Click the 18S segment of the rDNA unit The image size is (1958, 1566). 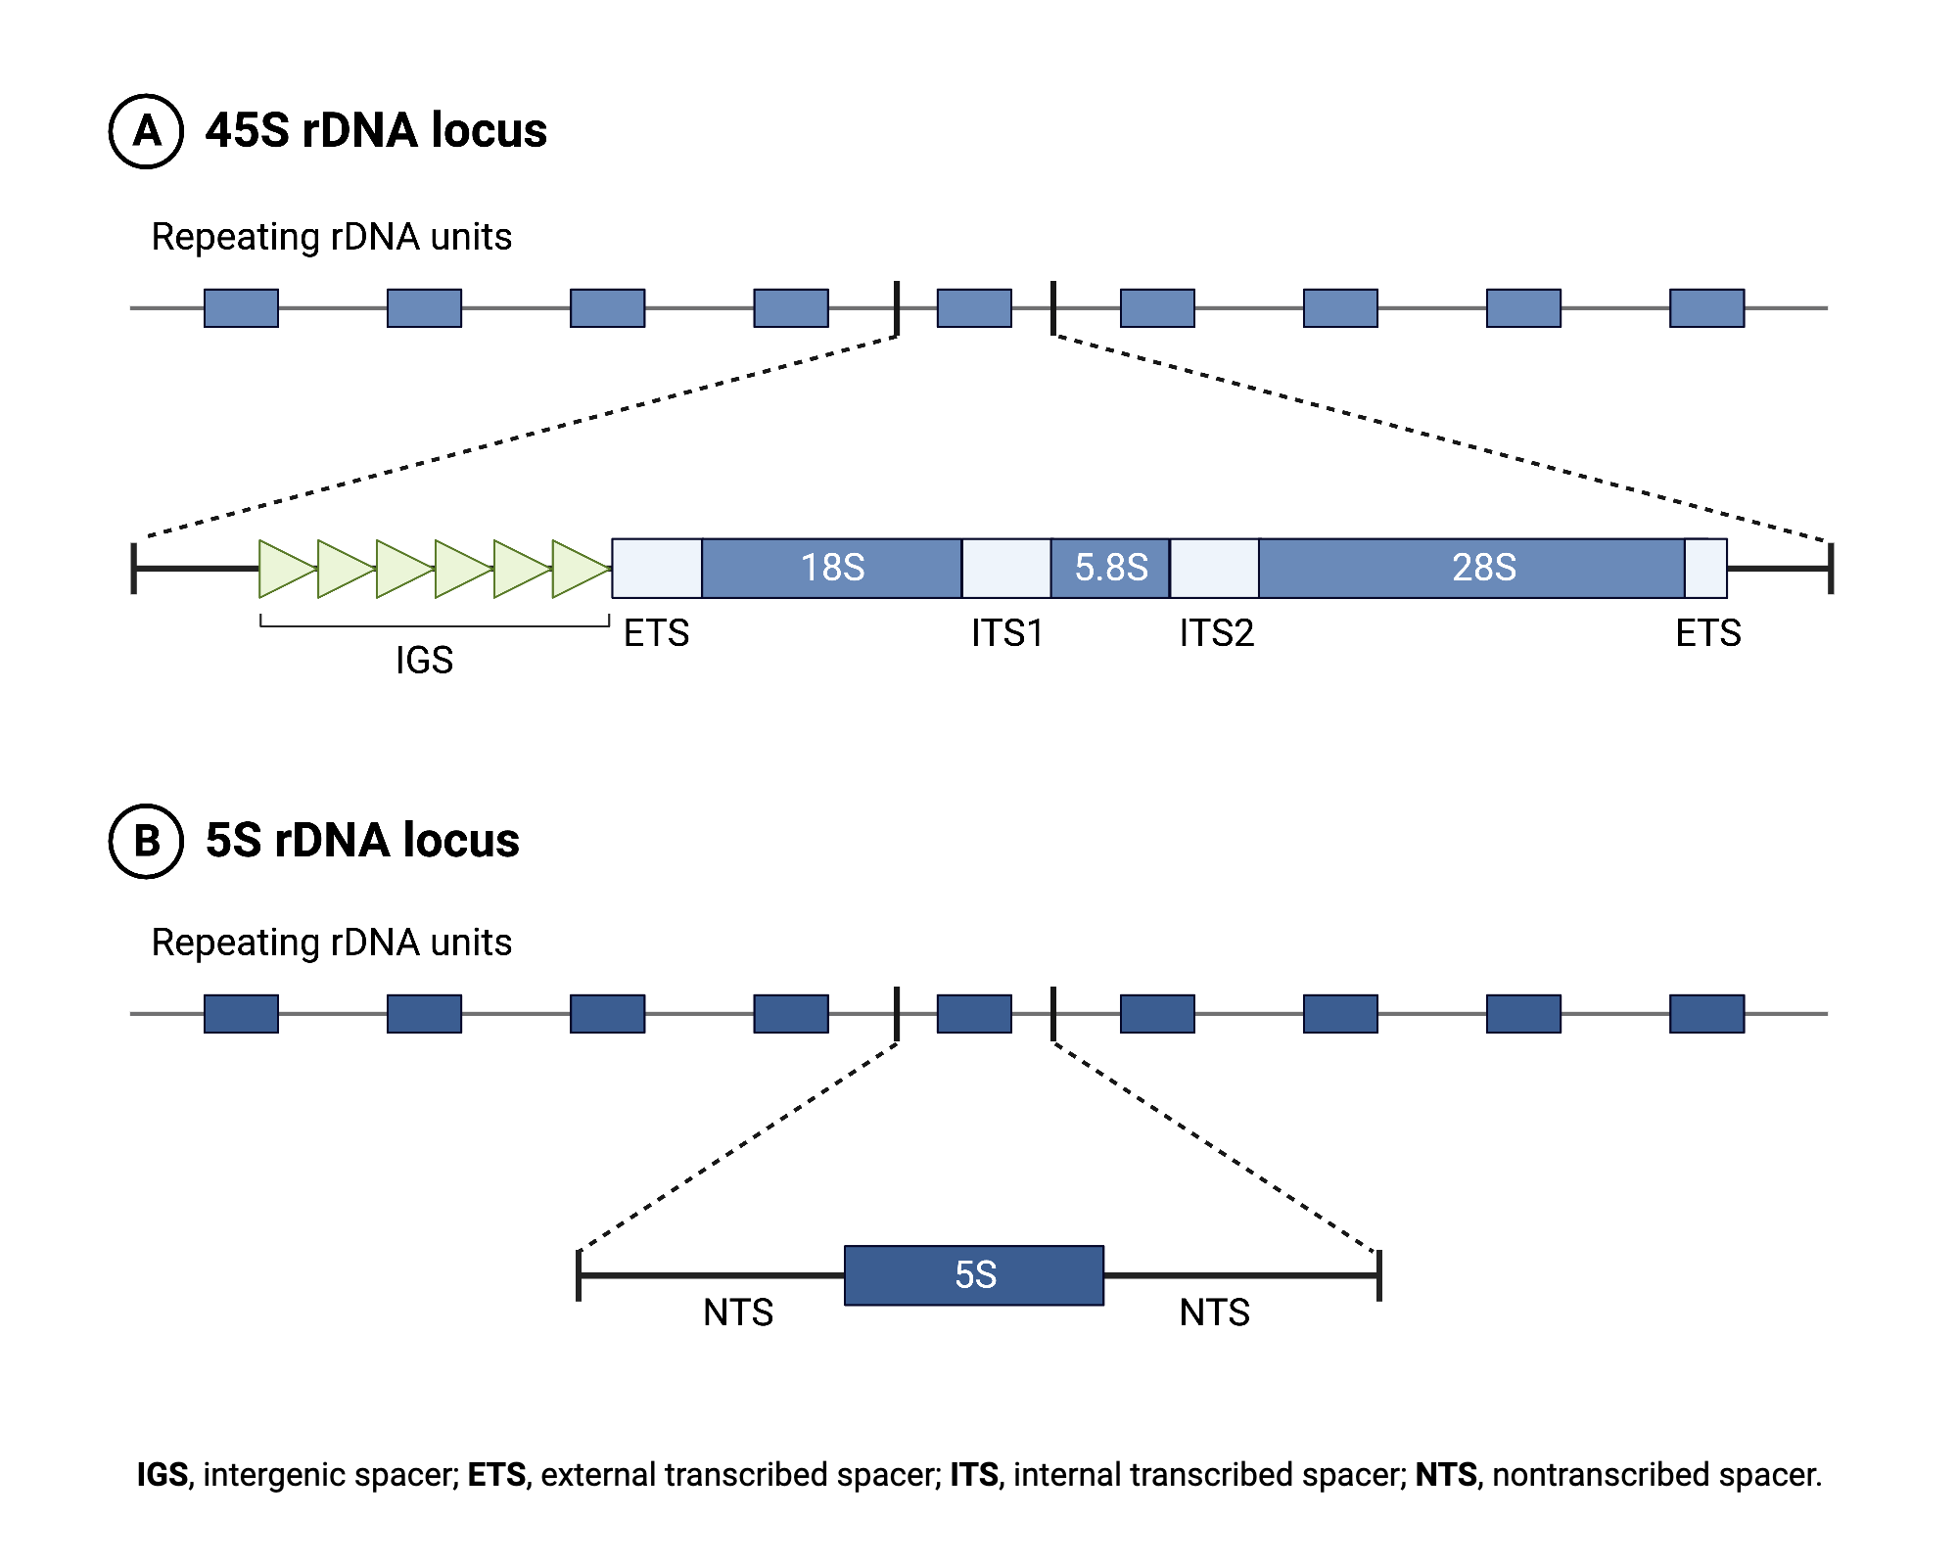coord(831,568)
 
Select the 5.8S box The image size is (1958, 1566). coord(1110,568)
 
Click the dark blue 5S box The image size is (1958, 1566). coord(974,1274)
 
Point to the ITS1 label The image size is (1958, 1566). coord(1006,633)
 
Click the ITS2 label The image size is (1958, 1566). coord(1216,633)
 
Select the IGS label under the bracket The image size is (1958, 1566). coord(424,661)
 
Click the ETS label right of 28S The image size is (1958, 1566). coord(1708,633)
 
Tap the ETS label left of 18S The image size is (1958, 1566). coord(656,633)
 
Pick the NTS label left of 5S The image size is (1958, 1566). coord(738,1313)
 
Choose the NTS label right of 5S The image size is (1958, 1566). coord(1214,1313)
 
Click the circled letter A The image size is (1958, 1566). coord(146,131)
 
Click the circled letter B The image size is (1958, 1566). coord(146,841)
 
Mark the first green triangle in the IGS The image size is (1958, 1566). coord(285,568)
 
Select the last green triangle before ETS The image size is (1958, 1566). coord(579,568)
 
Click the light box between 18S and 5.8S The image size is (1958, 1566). coord(1006,568)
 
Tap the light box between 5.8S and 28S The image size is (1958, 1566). coord(1214,568)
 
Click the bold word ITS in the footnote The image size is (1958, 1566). coord(974,1474)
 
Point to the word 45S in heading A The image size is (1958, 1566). coord(247,131)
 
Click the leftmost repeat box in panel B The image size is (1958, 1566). coord(241,1014)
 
